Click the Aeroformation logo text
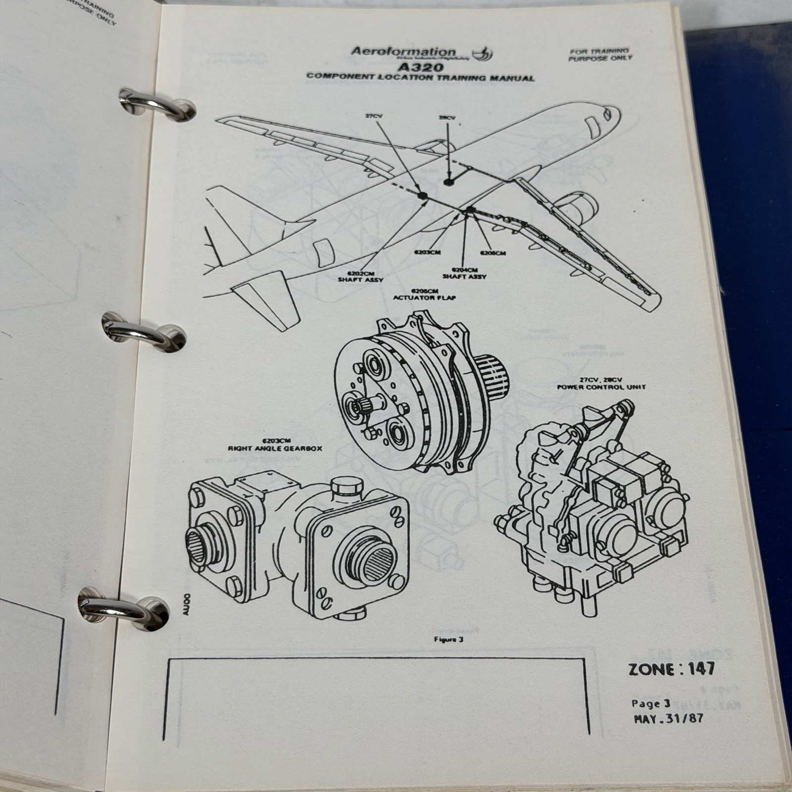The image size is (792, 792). click(x=403, y=51)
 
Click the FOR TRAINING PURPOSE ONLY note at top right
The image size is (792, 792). click(x=600, y=54)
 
